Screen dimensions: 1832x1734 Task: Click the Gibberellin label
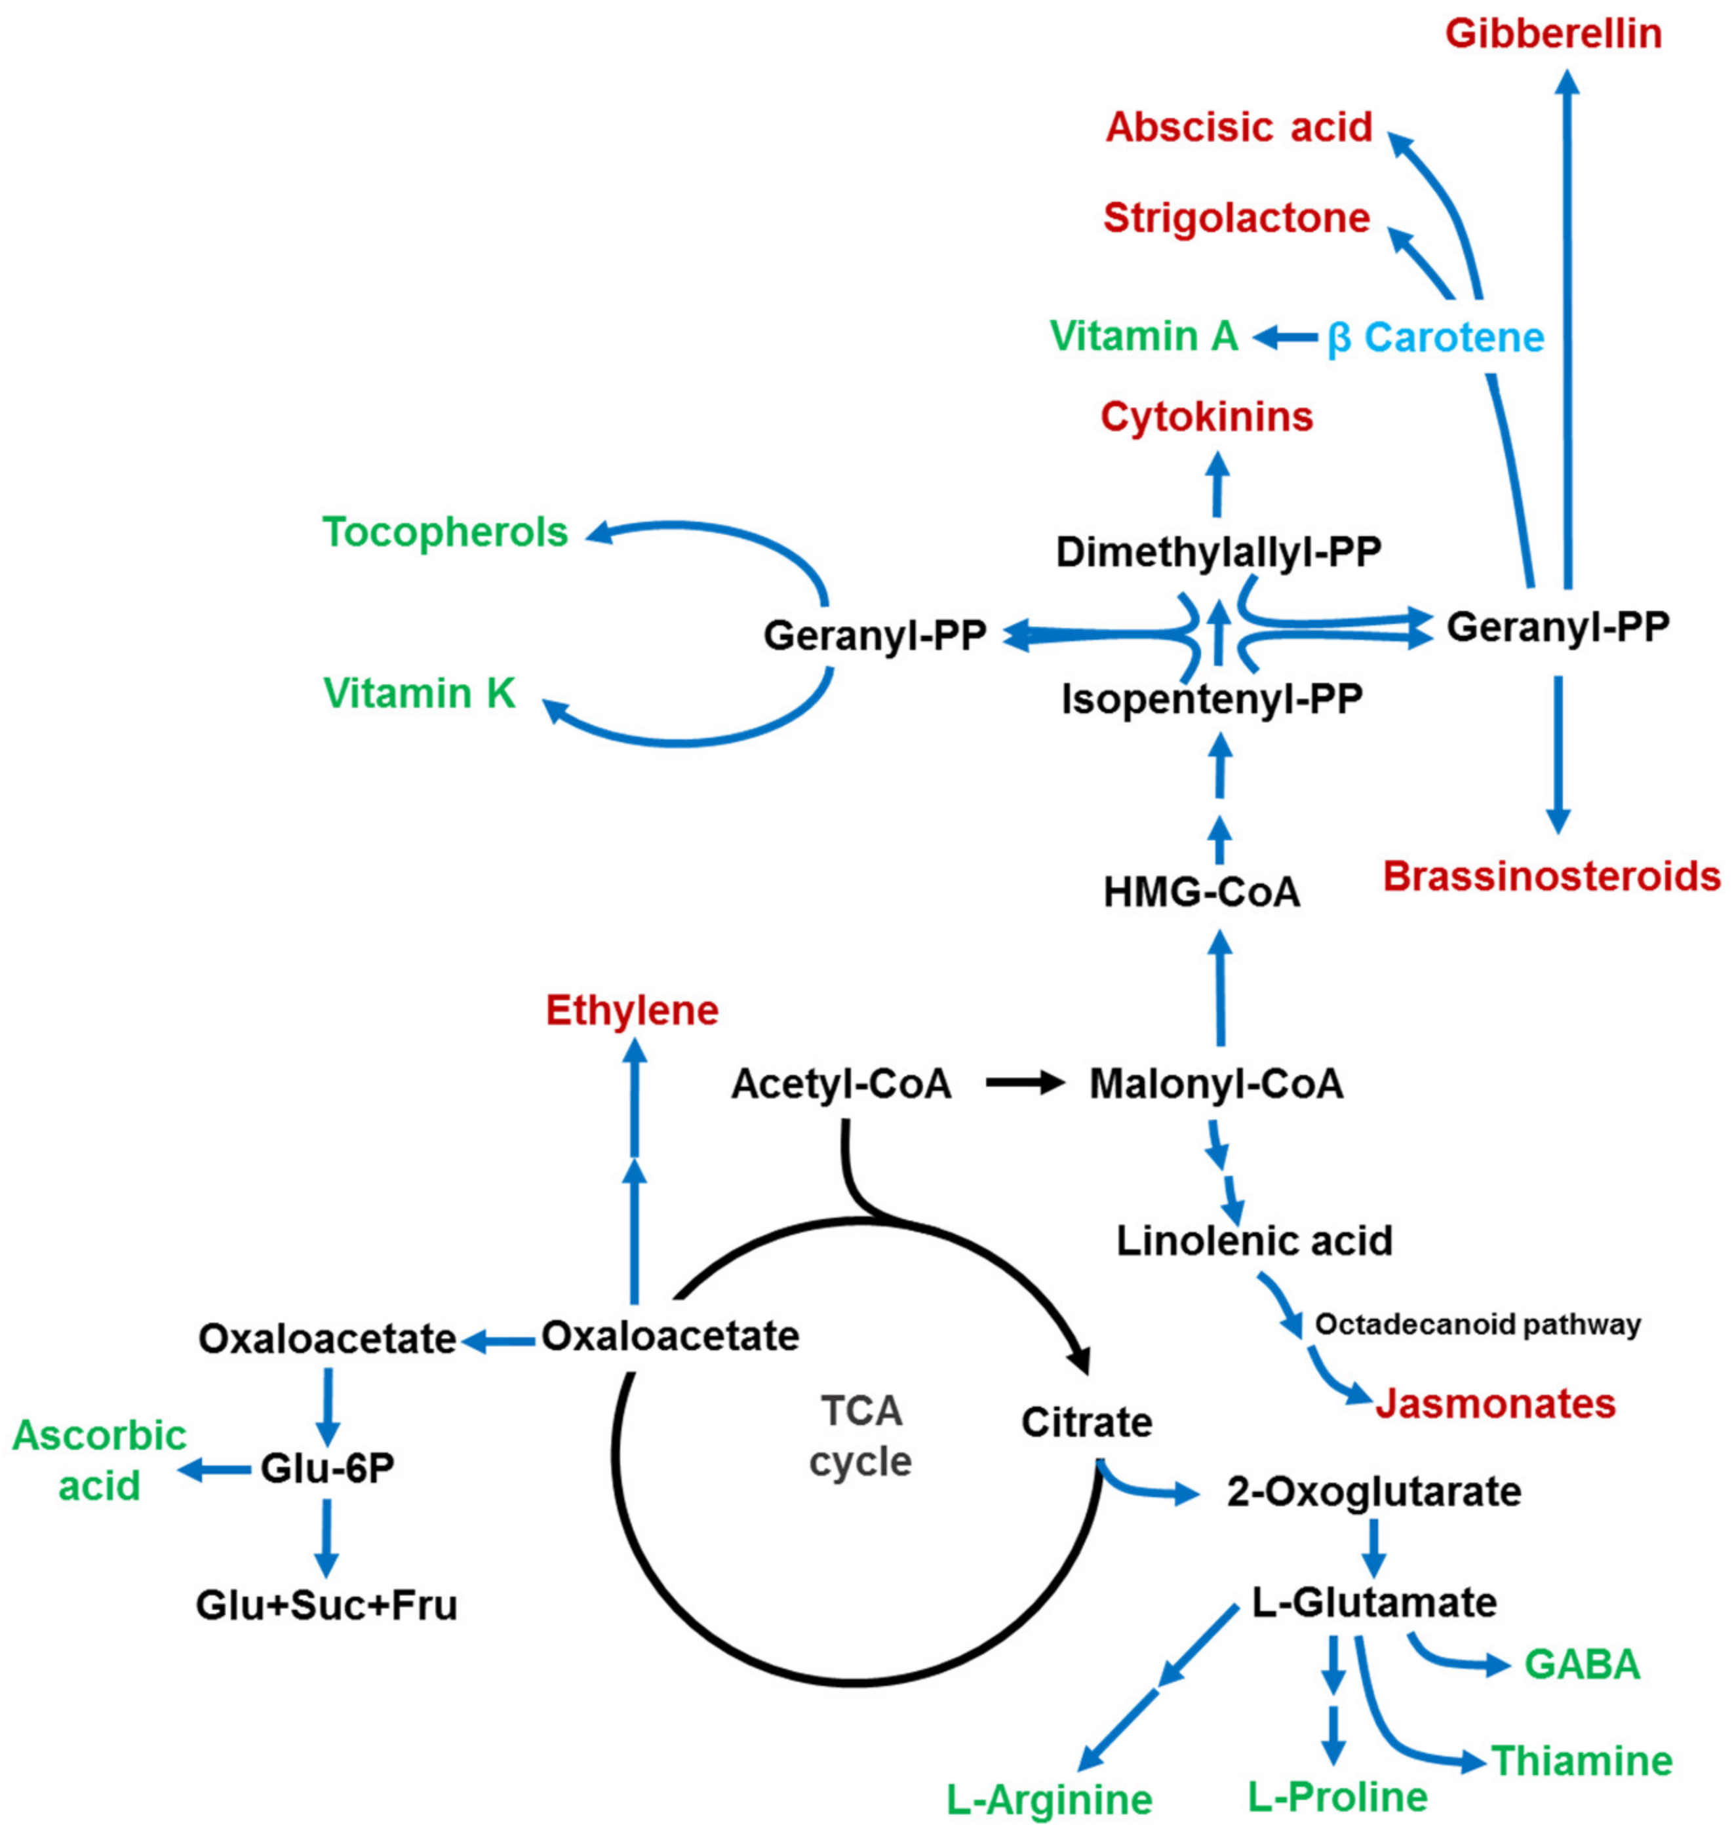tap(1554, 34)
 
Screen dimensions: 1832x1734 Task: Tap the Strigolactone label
tap(1236, 218)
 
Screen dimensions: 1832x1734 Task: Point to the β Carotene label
tap(1436, 338)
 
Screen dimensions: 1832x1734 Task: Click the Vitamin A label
tap(1143, 336)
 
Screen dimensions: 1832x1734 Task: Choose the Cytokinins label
tap(1206, 417)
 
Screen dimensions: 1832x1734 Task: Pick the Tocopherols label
tap(444, 532)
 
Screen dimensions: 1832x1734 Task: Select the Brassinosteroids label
tap(1551, 875)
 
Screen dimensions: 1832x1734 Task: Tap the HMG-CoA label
tap(1202, 892)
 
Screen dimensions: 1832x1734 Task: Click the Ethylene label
tap(632, 1010)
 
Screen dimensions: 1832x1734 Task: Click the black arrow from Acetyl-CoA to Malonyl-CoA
tap(1024, 1082)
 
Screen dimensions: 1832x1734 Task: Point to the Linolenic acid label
tap(1253, 1240)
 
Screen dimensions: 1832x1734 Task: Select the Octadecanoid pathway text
tap(1477, 1325)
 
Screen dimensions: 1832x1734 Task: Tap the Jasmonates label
tap(1495, 1403)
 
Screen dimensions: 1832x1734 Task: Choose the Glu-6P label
tap(327, 1468)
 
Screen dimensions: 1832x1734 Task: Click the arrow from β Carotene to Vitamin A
tap(1285, 338)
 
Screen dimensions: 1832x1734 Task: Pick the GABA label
tap(1581, 1664)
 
